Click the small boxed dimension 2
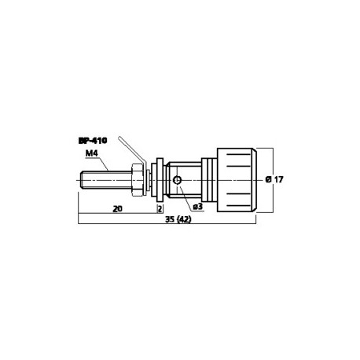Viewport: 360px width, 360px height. click(160, 209)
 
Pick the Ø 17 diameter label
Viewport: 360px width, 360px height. click(275, 179)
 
